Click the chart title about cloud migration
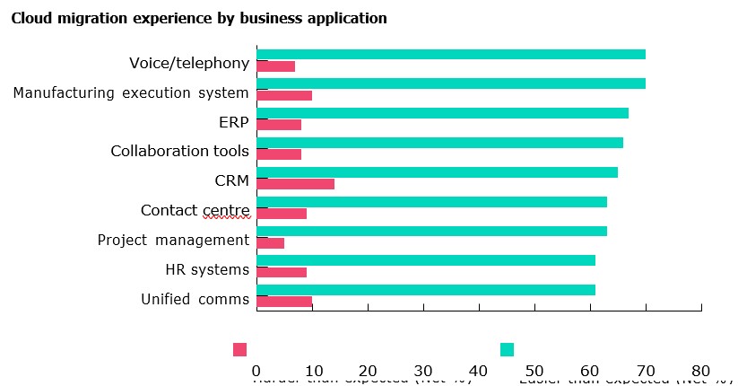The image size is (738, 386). [x=199, y=18]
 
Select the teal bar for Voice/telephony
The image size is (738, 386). [x=450, y=54]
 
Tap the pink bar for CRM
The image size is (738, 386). [x=295, y=184]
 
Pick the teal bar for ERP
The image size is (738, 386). [x=442, y=113]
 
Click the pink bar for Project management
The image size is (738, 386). [x=270, y=242]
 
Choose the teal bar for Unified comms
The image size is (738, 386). [x=425, y=290]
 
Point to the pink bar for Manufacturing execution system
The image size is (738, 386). [x=284, y=95]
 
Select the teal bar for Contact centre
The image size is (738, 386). [x=431, y=202]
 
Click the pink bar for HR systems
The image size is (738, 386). [x=282, y=272]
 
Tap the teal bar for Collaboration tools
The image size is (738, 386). [x=439, y=143]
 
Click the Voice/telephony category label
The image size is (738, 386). [x=188, y=63]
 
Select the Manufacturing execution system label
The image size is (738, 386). [x=131, y=92]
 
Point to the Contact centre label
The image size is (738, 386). [x=195, y=211]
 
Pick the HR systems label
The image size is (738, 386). [x=207, y=269]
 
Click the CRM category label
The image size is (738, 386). [x=231, y=180]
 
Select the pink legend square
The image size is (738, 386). [x=239, y=349]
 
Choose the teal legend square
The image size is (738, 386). [x=507, y=349]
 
